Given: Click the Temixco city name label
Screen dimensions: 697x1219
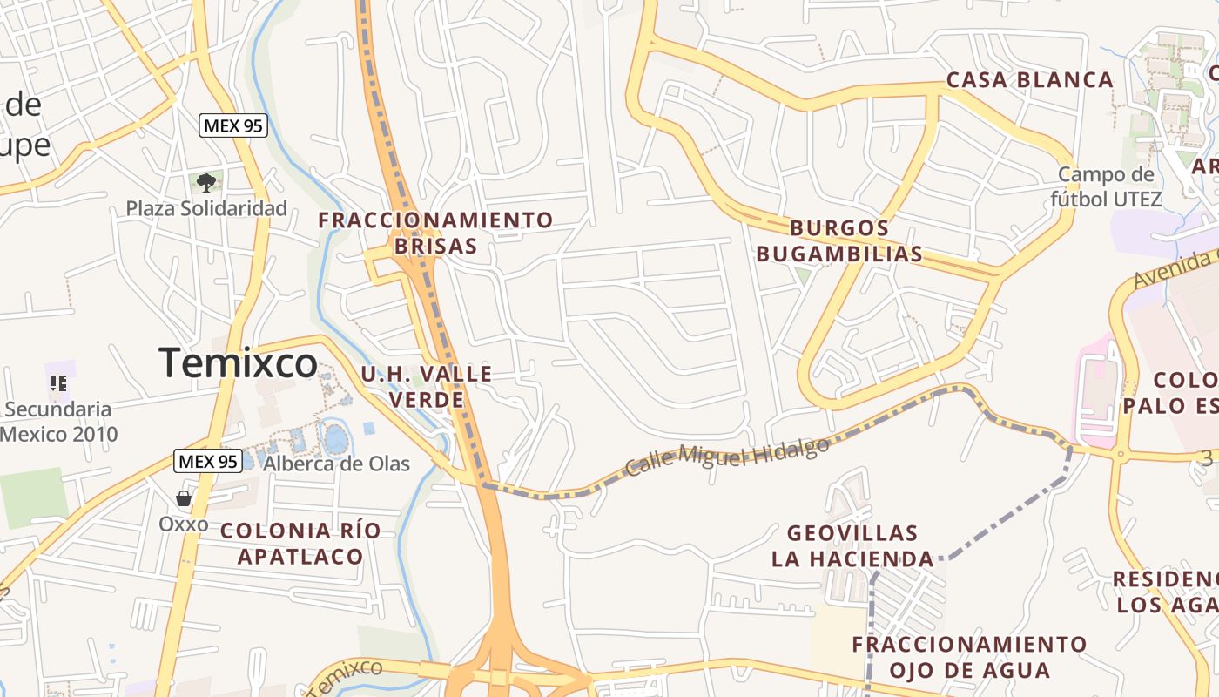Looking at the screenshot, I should click(238, 362).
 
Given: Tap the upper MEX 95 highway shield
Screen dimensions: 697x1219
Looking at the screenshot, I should click(232, 125).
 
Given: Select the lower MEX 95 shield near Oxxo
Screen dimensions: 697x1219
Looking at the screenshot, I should click(207, 461).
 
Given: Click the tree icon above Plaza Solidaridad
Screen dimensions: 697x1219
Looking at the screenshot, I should click(206, 182).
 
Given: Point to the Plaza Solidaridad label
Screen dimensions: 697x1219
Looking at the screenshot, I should click(206, 208).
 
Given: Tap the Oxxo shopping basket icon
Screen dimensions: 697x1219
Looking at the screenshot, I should click(184, 498).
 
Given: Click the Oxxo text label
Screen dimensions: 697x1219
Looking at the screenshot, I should click(184, 524).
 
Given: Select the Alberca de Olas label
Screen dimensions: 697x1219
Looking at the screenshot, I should click(336, 464).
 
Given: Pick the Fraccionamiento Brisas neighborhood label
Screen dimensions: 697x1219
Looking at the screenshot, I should click(435, 233).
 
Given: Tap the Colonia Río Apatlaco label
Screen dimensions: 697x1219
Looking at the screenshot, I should click(300, 543).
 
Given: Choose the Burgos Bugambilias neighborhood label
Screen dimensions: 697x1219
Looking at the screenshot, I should click(839, 241).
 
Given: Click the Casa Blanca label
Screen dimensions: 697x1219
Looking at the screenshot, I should click(1029, 80).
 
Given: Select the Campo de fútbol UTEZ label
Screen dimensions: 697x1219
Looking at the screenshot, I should click(1106, 186).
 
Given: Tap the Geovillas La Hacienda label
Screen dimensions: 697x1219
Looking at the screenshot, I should click(852, 545).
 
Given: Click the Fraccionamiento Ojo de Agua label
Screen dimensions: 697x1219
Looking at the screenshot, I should click(969, 657).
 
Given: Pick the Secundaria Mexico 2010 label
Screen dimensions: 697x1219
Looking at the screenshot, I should click(57, 422).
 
